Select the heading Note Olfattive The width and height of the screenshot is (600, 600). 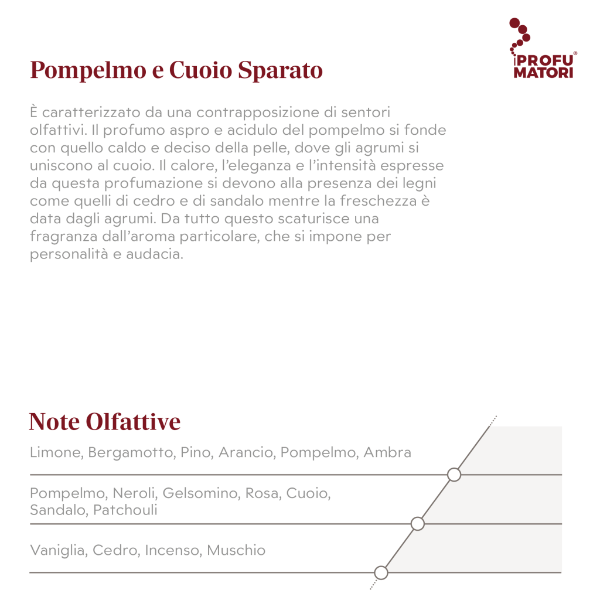pyautogui.click(x=105, y=422)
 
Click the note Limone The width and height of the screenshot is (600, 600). pyautogui.click(x=53, y=452)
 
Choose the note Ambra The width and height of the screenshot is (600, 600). pyautogui.click(x=387, y=452)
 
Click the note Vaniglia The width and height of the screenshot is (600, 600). pyautogui.click(x=58, y=550)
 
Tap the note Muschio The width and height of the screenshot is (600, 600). pyautogui.click(x=236, y=550)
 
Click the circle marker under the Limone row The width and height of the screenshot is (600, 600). pyautogui.click(x=454, y=475)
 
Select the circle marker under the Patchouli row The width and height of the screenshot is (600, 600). pyautogui.click(x=417, y=523)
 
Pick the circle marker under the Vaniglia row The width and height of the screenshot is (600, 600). pyautogui.click(x=381, y=572)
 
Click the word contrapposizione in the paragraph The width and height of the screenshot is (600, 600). pyautogui.click(x=257, y=112)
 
